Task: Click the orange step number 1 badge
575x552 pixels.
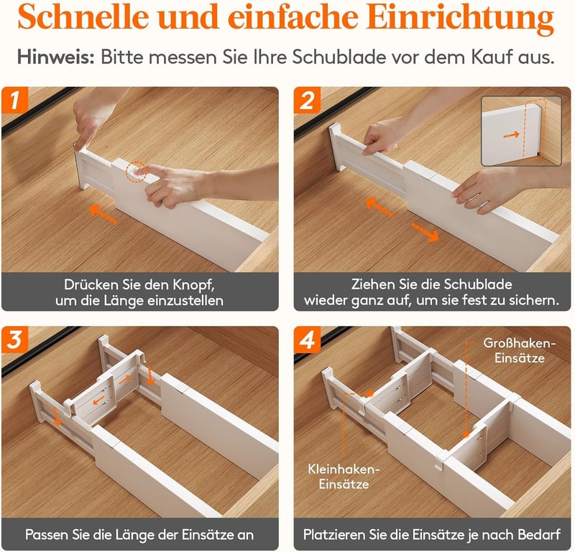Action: coord(14,100)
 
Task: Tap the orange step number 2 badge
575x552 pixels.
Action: coord(308,100)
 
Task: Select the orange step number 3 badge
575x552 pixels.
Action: coord(14,340)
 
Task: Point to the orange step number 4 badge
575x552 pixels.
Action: coord(308,340)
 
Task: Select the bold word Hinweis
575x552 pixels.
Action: coord(56,57)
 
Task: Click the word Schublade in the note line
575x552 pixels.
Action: coord(339,57)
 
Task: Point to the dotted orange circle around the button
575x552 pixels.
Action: coord(137,172)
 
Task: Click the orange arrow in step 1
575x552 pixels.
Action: coord(103,214)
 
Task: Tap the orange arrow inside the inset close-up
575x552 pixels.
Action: coord(511,135)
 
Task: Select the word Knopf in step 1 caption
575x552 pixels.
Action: coord(193,285)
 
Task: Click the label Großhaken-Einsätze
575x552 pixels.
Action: coord(519,350)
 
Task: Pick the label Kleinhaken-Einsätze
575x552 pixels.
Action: coord(344,477)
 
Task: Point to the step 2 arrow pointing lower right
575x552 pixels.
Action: coord(425,233)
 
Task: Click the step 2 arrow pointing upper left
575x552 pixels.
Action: coord(379,207)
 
